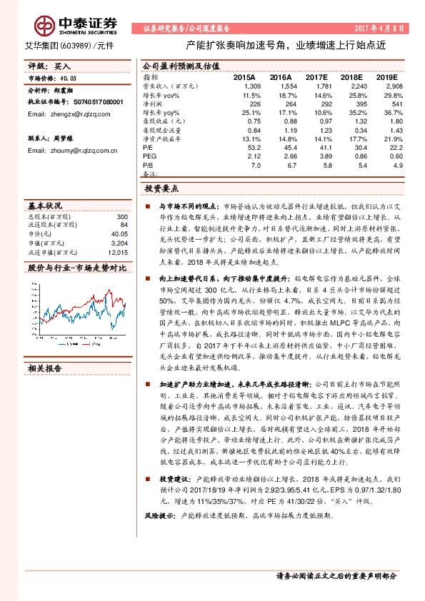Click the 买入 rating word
[62, 66]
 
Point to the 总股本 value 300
[121, 216]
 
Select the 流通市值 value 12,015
[118, 252]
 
